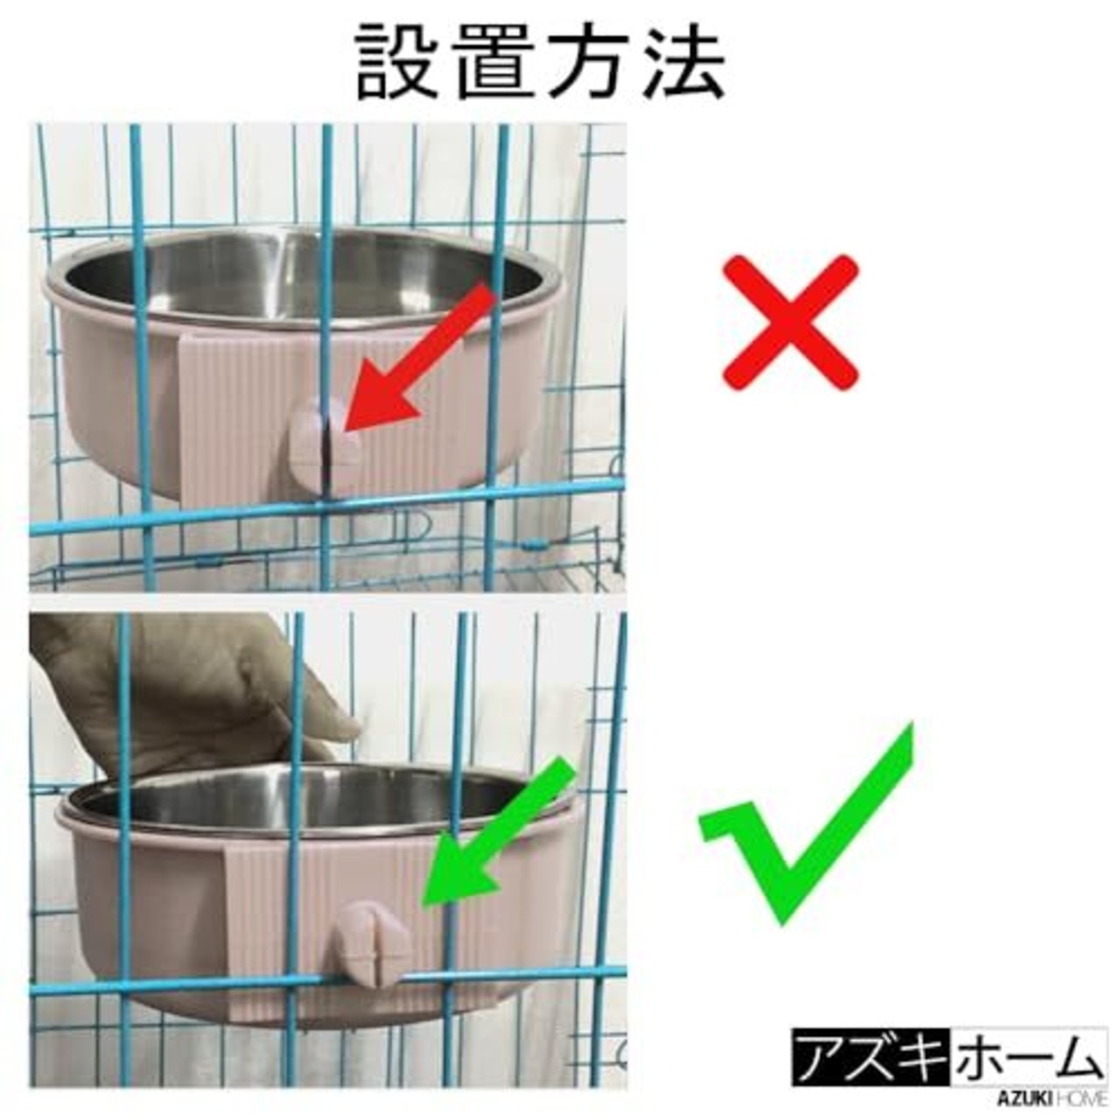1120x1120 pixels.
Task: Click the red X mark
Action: click(x=790, y=323)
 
